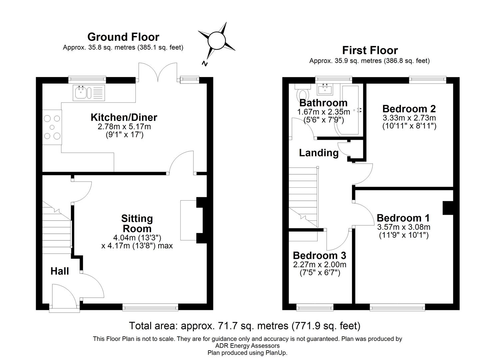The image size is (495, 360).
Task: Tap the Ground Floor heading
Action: [x=123, y=37]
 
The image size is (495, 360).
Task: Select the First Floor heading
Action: [x=370, y=50]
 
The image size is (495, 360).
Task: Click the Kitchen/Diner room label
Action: [x=124, y=117]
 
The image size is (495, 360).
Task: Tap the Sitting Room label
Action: [x=137, y=223]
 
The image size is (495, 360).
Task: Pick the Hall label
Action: [x=60, y=271]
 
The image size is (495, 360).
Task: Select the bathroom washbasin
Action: [x=324, y=89]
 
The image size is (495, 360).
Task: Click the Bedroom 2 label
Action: [x=409, y=109]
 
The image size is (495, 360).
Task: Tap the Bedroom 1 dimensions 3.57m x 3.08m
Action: [x=404, y=227]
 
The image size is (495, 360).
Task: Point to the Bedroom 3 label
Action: [x=319, y=256]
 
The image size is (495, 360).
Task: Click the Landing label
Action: [x=319, y=153]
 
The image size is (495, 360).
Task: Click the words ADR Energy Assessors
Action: [x=247, y=346]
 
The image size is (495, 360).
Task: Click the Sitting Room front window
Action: [x=150, y=307]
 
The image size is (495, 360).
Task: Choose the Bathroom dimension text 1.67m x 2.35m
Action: [x=323, y=112]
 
